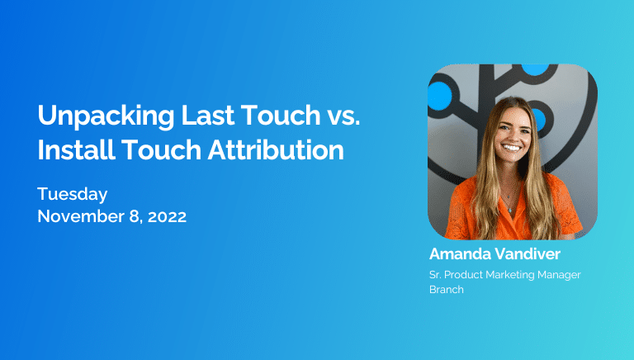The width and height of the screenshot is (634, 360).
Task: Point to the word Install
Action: click(70, 150)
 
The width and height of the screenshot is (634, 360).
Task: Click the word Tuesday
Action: click(73, 195)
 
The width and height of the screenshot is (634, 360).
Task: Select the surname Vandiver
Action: click(529, 253)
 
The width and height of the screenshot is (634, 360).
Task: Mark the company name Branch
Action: click(446, 290)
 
